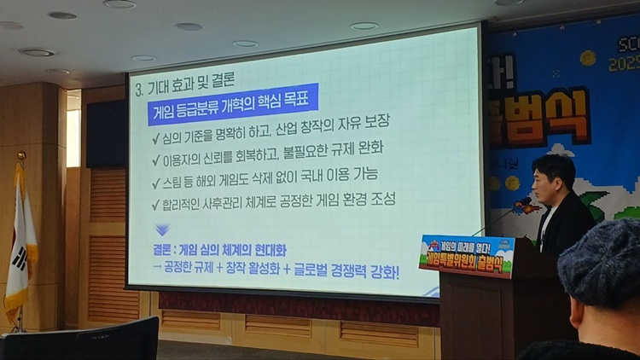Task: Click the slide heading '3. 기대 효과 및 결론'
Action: (184, 86)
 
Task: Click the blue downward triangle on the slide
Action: (162, 229)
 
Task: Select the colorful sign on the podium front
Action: (467, 254)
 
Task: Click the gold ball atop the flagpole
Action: (21, 156)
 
